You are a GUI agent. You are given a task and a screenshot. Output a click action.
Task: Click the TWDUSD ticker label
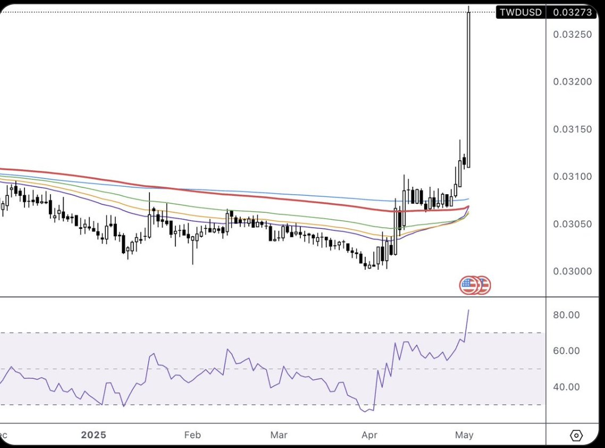coord(520,12)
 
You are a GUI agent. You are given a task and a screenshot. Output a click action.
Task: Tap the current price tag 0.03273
coord(572,12)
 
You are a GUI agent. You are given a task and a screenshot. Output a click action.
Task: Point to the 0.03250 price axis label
coord(572,35)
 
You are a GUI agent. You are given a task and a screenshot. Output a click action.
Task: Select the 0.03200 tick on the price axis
coord(572,82)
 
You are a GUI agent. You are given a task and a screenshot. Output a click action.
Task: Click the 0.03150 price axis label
coord(572,129)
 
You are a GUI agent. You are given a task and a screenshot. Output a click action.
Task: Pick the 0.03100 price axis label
coord(572,177)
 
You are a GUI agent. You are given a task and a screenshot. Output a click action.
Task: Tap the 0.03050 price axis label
coord(572,224)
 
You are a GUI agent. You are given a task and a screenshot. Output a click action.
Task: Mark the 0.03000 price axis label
coord(572,271)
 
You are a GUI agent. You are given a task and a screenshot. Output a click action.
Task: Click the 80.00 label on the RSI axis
coord(566,315)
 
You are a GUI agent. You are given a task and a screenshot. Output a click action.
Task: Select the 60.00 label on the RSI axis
coord(566,351)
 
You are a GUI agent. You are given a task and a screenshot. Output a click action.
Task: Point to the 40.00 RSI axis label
coord(566,387)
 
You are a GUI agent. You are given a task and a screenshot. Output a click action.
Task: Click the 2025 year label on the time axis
coord(94,435)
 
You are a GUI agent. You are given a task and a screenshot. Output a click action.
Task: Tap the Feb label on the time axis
coord(192,435)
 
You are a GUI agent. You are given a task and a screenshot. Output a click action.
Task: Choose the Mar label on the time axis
coord(279,435)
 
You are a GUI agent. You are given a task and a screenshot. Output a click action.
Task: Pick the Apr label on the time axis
coord(369,435)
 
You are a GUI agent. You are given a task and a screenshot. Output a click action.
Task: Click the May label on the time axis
coord(464,435)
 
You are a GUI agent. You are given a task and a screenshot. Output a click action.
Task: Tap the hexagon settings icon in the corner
coord(576,436)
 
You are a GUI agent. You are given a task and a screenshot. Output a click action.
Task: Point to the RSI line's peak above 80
coord(468,310)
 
